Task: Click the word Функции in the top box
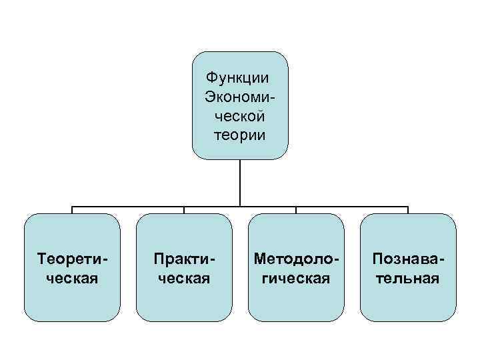click(x=240, y=79)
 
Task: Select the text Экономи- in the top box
click(x=240, y=98)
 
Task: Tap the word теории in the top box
click(x=240, y=135)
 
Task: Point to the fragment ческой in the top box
click(x=240, y=117)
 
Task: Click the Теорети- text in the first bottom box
click(x=72, y=257)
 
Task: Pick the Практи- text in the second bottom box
click(x=184, y=257)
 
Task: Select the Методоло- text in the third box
click(x=296, y=257)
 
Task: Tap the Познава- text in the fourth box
click(x=408, y=257)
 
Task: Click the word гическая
click(x=296, y=277)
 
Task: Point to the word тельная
click(x=407, y=277)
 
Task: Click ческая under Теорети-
click(x=72, y=277)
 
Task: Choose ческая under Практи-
click(x=184, y=277)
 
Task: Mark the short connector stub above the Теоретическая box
click(x=72, y=210)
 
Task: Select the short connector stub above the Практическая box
click(x=184, y=210)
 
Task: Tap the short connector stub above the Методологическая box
click(x=296, y=210)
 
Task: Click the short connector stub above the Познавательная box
click(x=408, y=210)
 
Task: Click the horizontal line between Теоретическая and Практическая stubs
click(x=128, y=207)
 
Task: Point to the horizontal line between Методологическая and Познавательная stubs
click(x=352, y=207)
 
